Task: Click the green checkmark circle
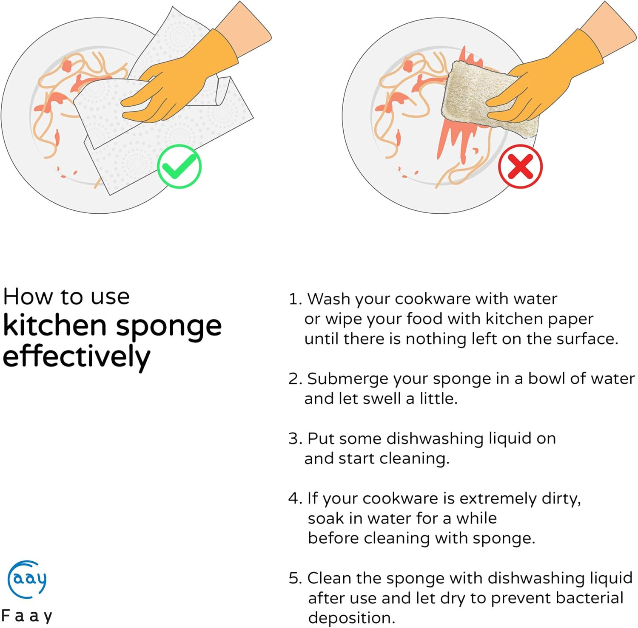coord(179,167)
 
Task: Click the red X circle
coord(520,166)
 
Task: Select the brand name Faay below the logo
coord(27,616)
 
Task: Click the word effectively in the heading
coord(77,356)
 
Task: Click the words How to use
coord(66,296)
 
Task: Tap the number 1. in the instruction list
coord(295,299)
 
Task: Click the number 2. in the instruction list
coord(295,379)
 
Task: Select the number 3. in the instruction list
coord(295,438)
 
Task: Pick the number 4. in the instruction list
coord(295,498)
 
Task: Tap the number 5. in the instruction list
coord(295,578)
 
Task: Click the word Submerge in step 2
coord(348,379)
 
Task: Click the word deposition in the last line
coord(352,617)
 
